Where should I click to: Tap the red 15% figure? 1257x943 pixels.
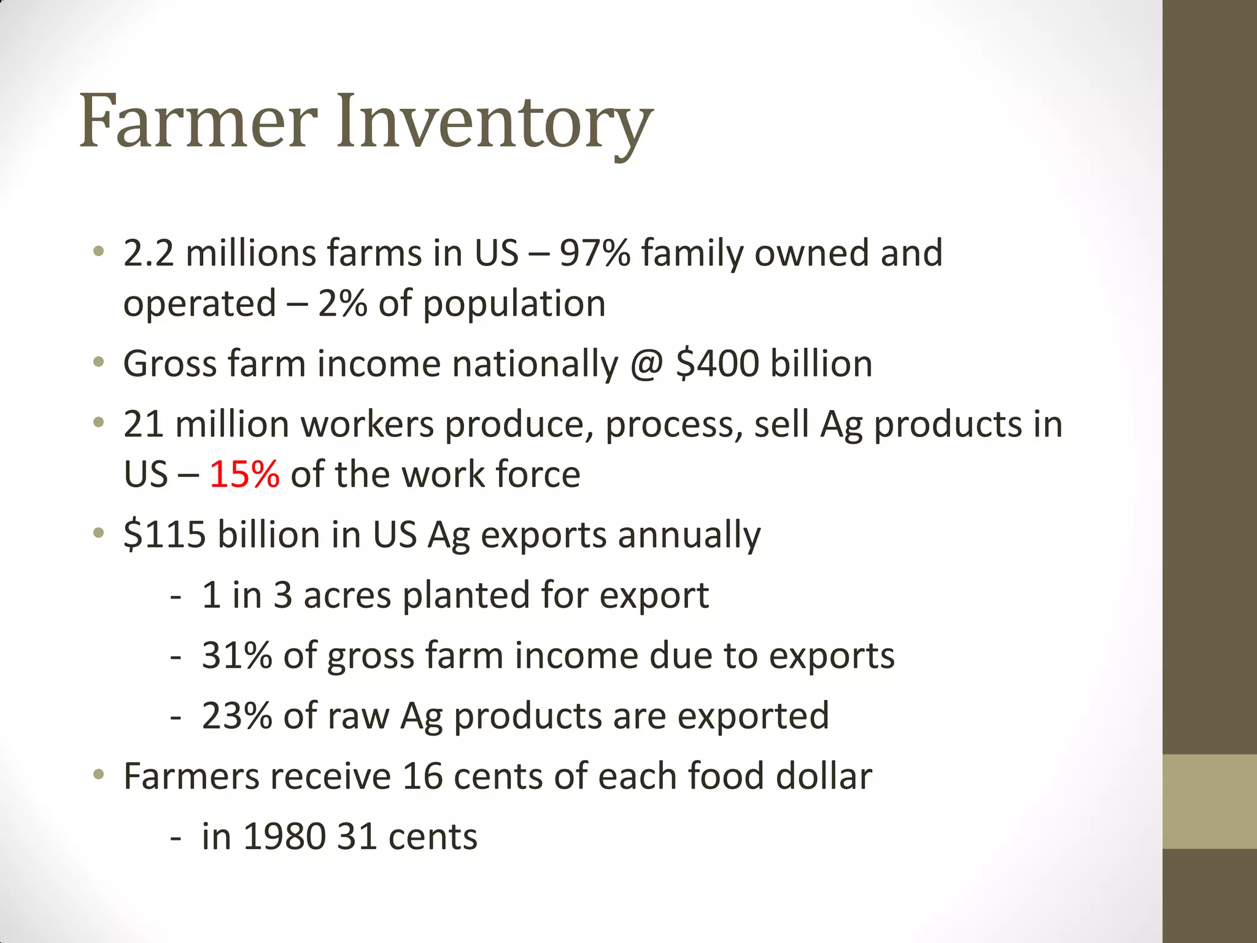click(x=244, y=475)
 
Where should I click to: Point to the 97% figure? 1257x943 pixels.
click(x=594, y=253)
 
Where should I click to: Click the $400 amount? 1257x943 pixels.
click(x=717, y=363)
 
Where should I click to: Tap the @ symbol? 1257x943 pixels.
click(x=647, y=365)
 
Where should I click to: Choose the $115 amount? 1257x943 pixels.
click(x=164, y=534)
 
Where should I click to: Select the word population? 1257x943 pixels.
click(x=514, y=305)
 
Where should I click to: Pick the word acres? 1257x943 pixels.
click(x=347, y=596)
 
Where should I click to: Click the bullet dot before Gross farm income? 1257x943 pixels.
click(x=99, y=363)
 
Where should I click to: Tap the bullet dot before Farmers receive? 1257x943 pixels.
click(x=99, y=775)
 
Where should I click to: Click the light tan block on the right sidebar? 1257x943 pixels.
click(x=1209, y=801)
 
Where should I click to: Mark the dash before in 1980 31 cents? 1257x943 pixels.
click(x=176, y=837)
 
